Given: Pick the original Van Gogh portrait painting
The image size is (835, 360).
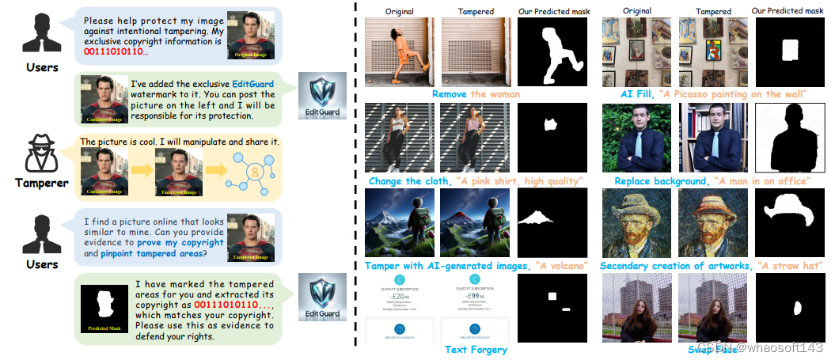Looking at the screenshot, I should pos(634,223).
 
